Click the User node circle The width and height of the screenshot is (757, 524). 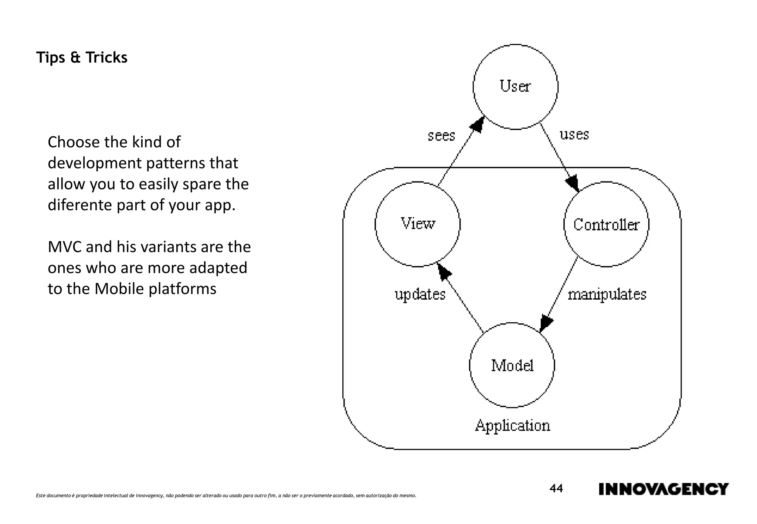pyautogui.click(x=515, y=87)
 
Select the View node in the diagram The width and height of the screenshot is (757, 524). pyautogui.click(x=418, y=224)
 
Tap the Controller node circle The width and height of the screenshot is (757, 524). pyautogui.click(x=606, y=224)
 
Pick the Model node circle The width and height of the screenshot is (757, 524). pyautogui.click(x=512, y=365)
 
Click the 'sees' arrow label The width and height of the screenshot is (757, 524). pyautogui.click(x=441, y=136)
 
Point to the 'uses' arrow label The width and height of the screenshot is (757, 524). pyautogui.click(x=574, y=135)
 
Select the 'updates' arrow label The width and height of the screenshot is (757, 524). pyautogui.click(x=420, y=295)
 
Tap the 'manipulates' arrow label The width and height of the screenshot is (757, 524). pyautogui.click(x=607, y=295)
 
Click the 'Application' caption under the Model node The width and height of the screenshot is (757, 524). pyautogui.click(x=512, y=425)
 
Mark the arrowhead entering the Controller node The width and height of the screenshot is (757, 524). pyautogui.click(x=573, y=183)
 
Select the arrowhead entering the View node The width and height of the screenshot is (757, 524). pyautogui.click(x=444, y=272)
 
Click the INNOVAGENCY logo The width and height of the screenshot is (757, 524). pyautogui.click(x=663, y=489)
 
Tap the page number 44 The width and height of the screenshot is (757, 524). pyautogui.click(x=556, y=489)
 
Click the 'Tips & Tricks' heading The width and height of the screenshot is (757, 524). pyautogui.click(x=82, y=58)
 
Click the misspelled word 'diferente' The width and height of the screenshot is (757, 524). pyautogui.click(x=79, y=205)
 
